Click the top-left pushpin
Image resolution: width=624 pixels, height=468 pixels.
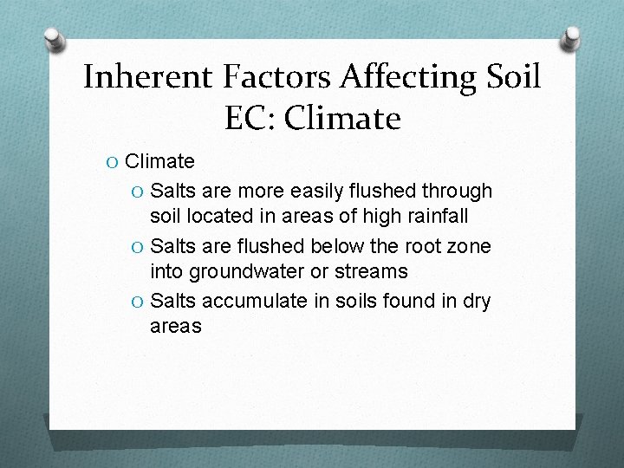coord(55,41)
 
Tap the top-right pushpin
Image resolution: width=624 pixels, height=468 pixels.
coord(570,39)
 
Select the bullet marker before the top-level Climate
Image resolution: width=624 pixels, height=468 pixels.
coord(114,162)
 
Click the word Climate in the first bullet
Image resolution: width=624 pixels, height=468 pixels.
coord(159,161)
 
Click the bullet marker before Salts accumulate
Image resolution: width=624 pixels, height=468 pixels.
coord(139,302)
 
